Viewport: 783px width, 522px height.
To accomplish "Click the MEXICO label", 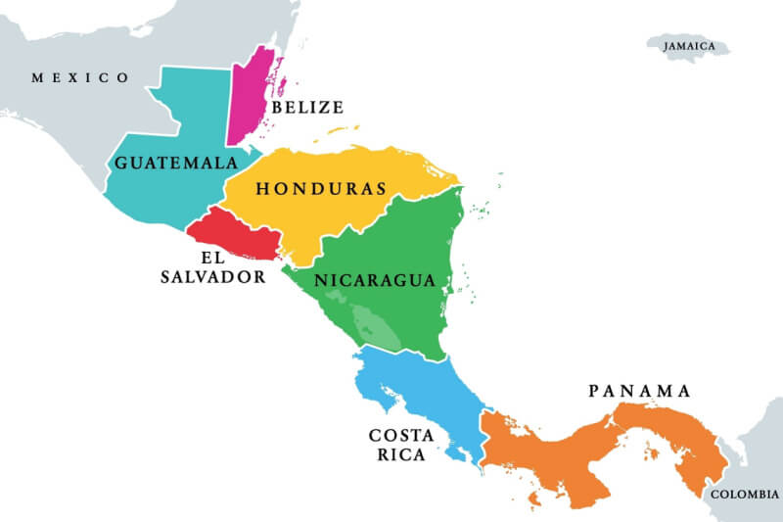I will click(80, 77).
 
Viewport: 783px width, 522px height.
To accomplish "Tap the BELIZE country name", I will click(307, 107).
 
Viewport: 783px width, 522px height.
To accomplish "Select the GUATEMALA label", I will click(176, 163).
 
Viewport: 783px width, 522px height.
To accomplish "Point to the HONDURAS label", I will click(321, 189).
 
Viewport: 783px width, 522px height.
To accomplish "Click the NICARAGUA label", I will click(374, 280).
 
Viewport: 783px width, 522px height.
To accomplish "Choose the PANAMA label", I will click(639, 391).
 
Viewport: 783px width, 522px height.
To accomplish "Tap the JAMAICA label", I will click(689, 46).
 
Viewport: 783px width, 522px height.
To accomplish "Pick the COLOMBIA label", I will click(745, 495).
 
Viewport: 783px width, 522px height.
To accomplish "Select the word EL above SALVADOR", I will click(213, 258).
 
